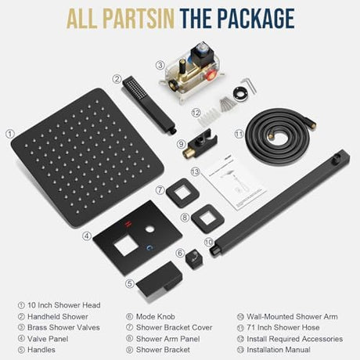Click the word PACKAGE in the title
point(256,19)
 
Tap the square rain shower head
point(88,158)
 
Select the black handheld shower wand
point(149,105)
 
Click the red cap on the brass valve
point(211,76)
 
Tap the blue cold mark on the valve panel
point(149,247)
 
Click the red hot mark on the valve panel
point(128,224)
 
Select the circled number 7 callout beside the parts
point(160,189)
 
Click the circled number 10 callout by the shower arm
point(209,242)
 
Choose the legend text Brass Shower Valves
point(63,327)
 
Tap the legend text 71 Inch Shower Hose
point(283,327)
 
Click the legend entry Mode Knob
point(156,316)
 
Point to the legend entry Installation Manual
point(279,350)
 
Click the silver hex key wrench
point(250,85)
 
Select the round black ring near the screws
point(240,93)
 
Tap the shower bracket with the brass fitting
point(200,146)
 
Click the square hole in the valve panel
point(124,247)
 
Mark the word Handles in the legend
point(41,350)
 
